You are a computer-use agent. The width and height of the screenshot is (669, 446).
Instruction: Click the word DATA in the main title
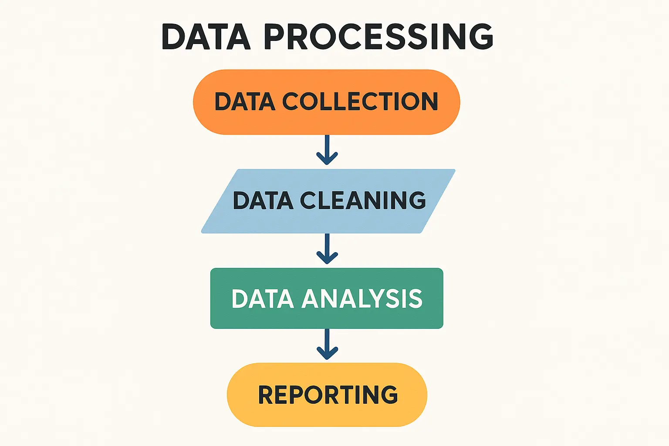click(x=206, y=37)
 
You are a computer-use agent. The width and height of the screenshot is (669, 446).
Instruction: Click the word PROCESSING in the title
click(x=378, y=37)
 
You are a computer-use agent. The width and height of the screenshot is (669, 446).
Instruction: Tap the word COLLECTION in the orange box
click(x=360, y=101)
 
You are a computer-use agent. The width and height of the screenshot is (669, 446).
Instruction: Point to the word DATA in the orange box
click(x=245, y=101)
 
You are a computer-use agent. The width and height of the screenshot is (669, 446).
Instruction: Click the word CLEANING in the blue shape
click(x=363, y=200)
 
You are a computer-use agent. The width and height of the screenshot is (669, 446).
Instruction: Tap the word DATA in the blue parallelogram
click(x=263, y=200)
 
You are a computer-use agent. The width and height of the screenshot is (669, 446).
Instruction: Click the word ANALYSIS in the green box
click(x=362, y=299)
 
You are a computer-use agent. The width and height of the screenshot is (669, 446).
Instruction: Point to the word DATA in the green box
click(x=262, y=299)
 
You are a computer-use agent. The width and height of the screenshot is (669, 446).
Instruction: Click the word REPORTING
click(x=328, y=395)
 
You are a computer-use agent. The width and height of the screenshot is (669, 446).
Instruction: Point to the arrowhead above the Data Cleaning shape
click(x=327, y=159)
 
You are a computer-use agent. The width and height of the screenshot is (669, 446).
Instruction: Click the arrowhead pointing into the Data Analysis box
click(x=327, y=258)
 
